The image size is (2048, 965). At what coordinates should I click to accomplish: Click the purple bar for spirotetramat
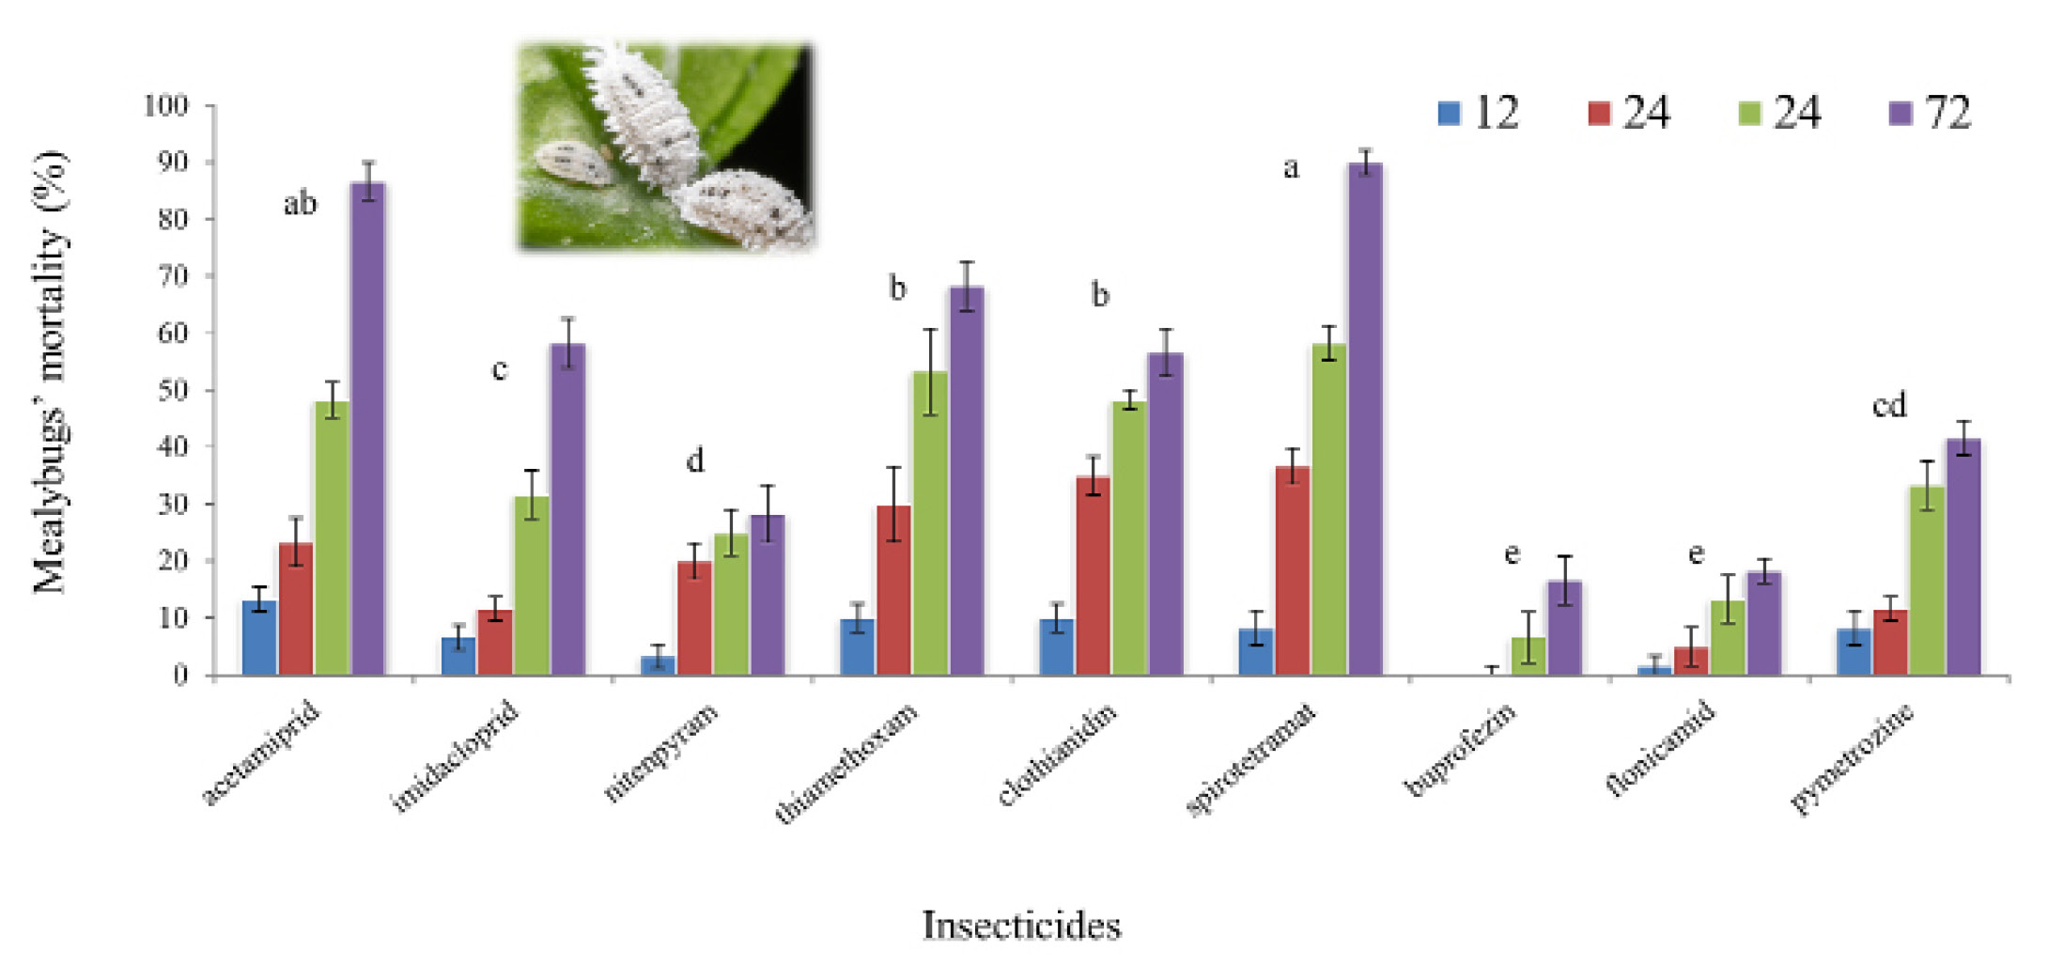pos(1365,419)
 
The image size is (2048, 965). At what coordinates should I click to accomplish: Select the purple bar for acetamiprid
pos(367,428)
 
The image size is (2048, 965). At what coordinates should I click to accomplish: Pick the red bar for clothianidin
pos(1094,576)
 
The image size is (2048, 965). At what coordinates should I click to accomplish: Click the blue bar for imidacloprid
pos(458,656)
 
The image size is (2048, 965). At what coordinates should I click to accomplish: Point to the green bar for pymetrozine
pos(1927,581)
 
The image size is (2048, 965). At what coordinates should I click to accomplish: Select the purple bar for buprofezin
pos(1564,628)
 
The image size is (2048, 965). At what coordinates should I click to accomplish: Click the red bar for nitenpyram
pos(694,618)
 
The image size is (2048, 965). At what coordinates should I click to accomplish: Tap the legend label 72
pos(1947,113)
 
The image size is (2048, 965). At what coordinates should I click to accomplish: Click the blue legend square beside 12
pos(1449,114)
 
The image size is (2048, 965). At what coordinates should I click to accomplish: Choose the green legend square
pos(1749,114)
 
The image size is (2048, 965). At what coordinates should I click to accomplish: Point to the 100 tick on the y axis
pos(166,105)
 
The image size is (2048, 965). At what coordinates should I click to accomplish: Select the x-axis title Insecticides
pos(1022,926)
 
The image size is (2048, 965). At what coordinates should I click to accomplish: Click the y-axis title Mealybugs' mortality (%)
pos(52,372)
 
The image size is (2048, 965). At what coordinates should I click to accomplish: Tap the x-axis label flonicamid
pos(1661,749)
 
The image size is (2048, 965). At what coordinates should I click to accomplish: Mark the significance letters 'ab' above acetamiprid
pos(301,203)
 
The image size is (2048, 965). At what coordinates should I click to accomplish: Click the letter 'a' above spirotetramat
pos(1292,169)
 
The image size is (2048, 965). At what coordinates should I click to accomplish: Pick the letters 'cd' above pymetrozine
pos(1889,405)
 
